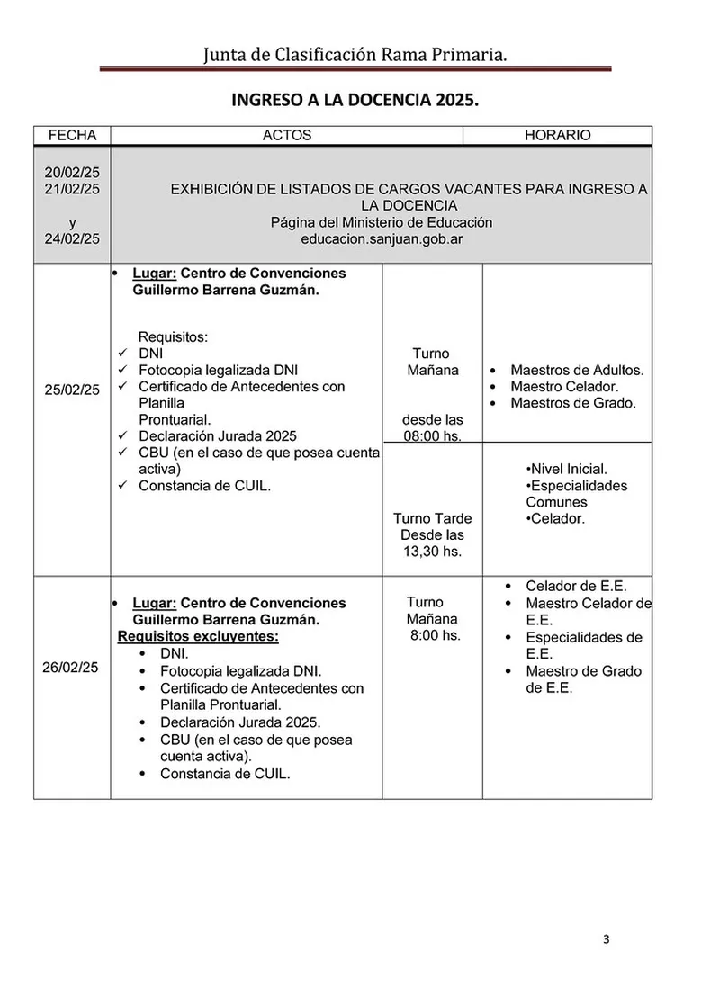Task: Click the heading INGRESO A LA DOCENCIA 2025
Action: coord(355,99)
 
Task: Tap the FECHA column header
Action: coord(72,135)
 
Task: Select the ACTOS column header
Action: coord(286,135)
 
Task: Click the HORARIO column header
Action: coord(557,135)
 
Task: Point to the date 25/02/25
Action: coord(72,390)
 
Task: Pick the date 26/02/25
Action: coord(72,667)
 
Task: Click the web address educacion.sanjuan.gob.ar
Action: coord(382,239)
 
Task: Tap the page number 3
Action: coord(606,940)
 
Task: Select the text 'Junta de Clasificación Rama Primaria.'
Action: coord(355,56)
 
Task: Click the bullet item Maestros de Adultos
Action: coord(577,370)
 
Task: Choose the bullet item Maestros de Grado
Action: coord(573,403)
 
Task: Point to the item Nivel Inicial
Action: coord(566,469)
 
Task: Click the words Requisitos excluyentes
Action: coord(198,636)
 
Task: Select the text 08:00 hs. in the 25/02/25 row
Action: coord(432,436)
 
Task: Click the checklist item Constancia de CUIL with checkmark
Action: coord(204,486)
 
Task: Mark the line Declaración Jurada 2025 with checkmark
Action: coord(217,436)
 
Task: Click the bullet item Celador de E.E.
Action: coord(576,586)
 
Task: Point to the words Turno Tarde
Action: coord(432,518)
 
